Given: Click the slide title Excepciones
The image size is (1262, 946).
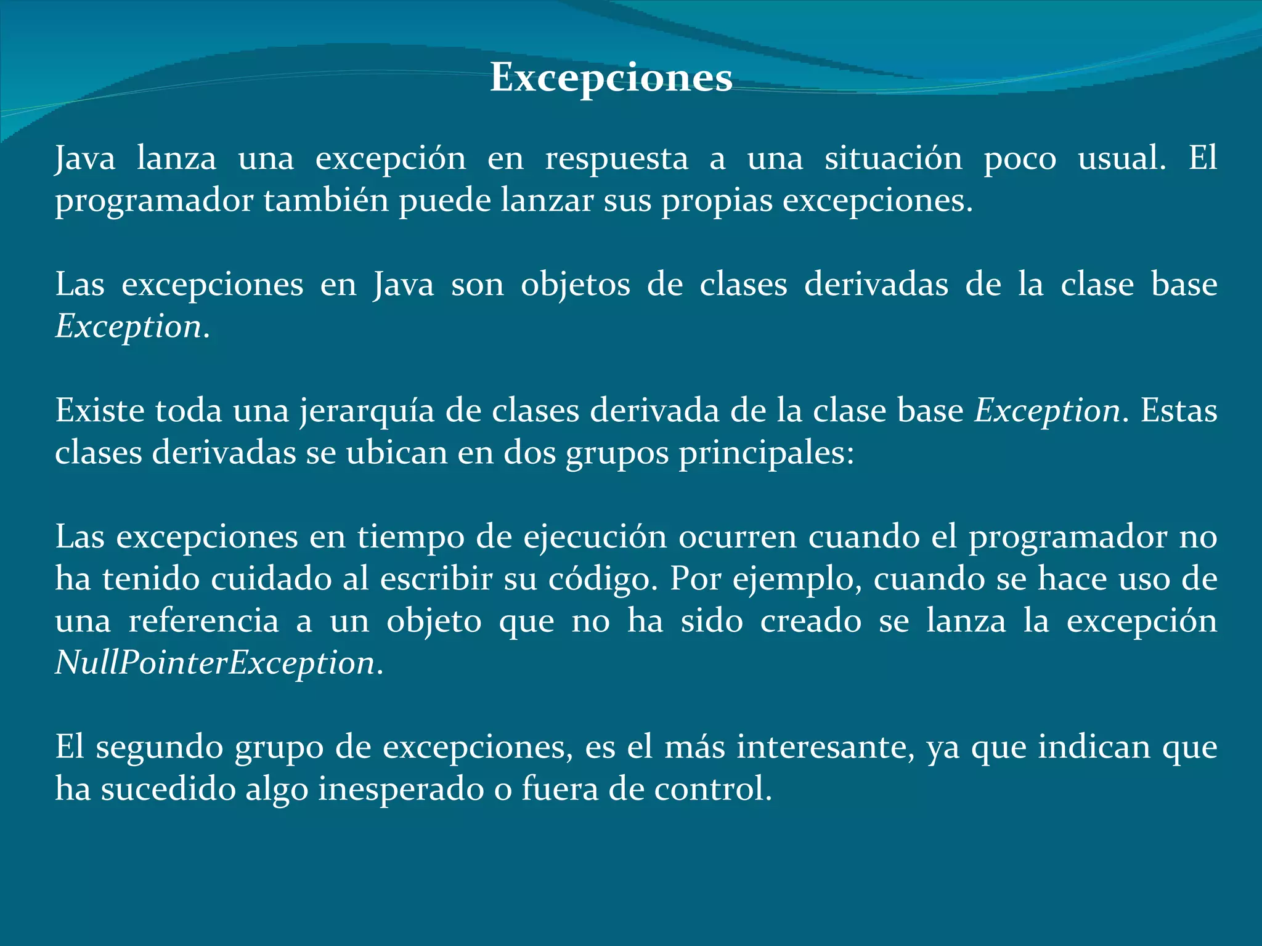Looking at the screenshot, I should [x=611, y=78].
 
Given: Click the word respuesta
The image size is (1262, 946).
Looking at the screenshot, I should [x=616, y=159].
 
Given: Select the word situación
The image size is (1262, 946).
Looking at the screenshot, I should [x=893, y=158].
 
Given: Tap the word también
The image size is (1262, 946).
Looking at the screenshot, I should [x=327, y=201].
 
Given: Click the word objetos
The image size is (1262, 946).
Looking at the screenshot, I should [x=575, y=285].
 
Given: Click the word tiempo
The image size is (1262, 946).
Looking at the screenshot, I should [x=411, y=537].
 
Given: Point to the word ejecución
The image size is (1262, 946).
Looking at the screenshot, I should [x=595, y=537].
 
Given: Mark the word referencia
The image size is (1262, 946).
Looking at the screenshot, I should [x=204, y=621].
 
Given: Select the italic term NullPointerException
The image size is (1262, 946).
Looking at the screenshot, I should [x=216, y=663].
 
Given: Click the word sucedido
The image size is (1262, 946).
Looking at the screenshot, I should [x=168, y=790].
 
